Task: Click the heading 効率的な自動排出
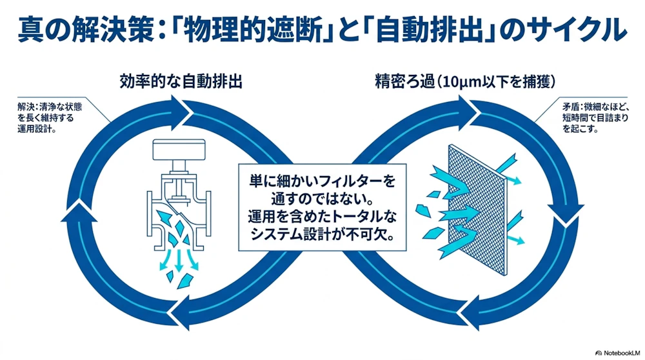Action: click(x=181, y=82)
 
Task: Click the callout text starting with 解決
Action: click(x=50, y=117)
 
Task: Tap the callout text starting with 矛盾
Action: click(x=595, y=117)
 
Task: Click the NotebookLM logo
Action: click(x=618, y=353)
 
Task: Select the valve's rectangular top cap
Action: click(x=179, y=150)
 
